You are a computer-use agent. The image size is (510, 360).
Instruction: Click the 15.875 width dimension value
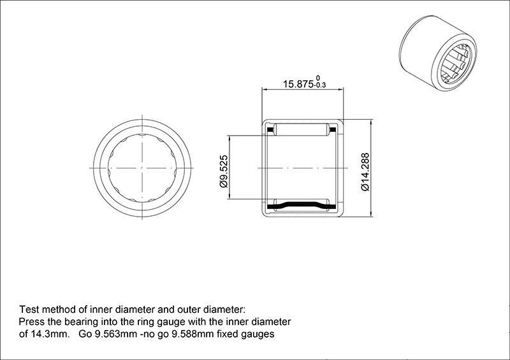[298, 84]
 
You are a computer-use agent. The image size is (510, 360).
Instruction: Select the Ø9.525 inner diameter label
[224, 171]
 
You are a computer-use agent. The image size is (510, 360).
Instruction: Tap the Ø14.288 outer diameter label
[365, 171]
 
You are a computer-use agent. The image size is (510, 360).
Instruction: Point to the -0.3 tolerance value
[320, 85]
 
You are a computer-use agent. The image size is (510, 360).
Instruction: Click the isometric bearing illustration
[438, 53]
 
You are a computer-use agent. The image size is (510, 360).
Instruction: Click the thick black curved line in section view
[302, 205]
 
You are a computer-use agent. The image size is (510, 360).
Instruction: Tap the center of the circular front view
[142, 168]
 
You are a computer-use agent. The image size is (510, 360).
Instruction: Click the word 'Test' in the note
[29, 309]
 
